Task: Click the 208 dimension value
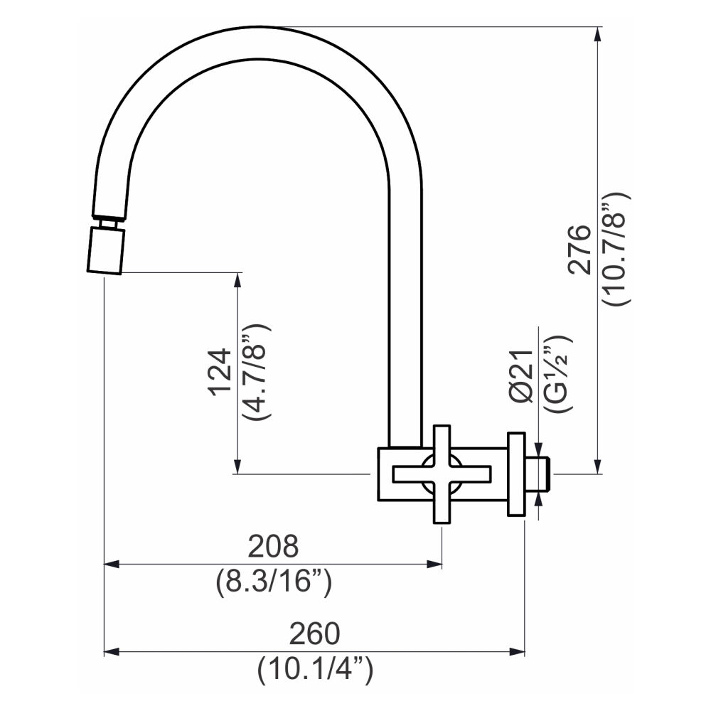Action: point(274,547)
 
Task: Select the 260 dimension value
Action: point(314,632)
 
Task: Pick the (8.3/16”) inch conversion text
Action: point(274,583)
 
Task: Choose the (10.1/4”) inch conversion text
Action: point(315,669)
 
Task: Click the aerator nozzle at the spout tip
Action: point(105,250)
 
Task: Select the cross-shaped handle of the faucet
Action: point(442,474)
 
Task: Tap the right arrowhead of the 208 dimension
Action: point(435,564)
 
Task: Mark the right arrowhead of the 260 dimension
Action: point(517,651)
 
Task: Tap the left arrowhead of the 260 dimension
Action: point(112,651)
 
